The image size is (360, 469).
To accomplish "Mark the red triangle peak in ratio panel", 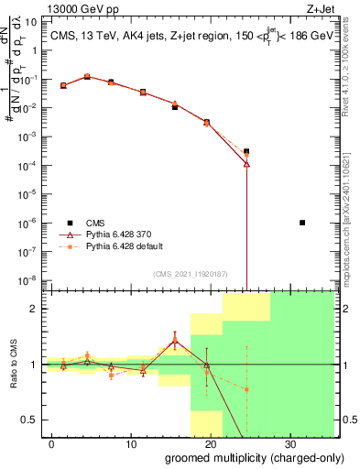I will [174, 340].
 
